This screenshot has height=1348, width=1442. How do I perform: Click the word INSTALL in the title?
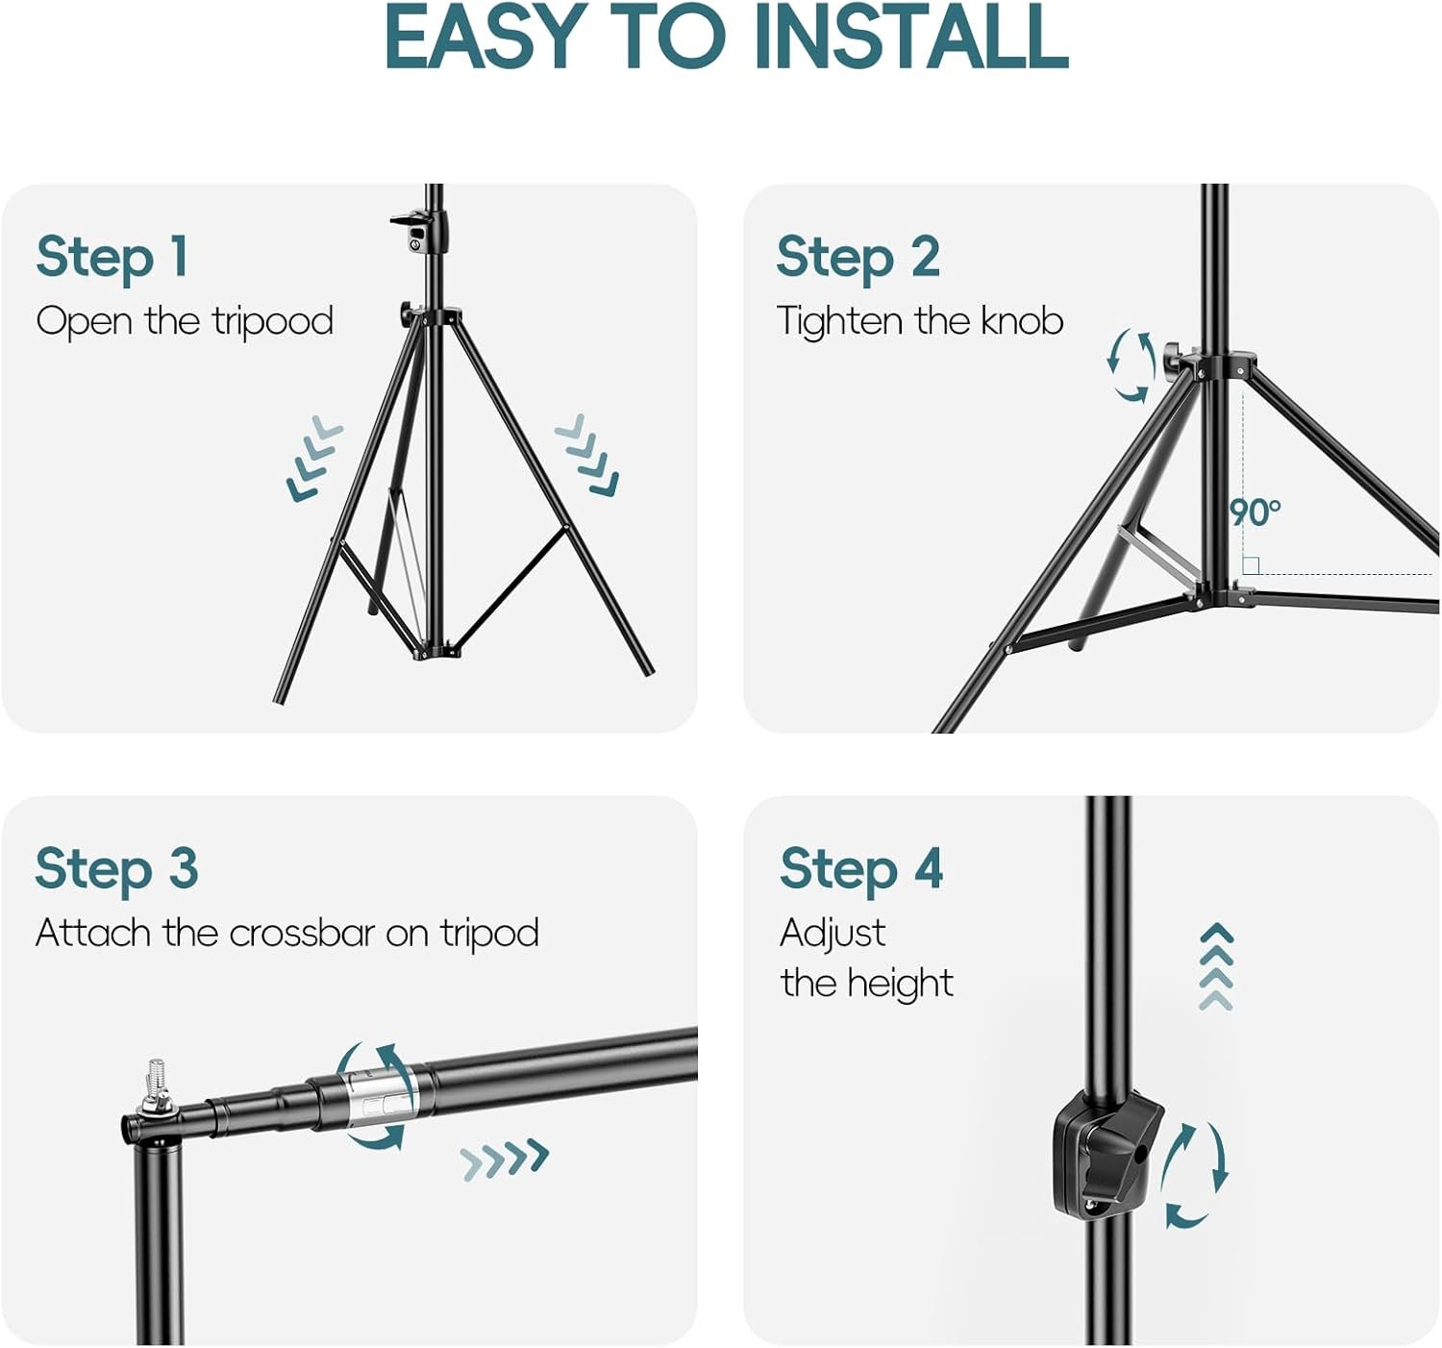click(x=911, y=37)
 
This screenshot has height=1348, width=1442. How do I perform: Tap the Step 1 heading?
click(x=112, y=258)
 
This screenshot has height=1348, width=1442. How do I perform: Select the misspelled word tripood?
click(x=272, y=322)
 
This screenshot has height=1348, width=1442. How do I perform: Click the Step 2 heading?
click(x=858, y=258)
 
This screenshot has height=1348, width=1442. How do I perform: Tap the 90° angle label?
click(x=1255, y=512)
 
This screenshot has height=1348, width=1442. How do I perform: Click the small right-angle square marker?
click(x=1251, y=565)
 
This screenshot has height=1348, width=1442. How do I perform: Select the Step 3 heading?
click(x=116, y=869)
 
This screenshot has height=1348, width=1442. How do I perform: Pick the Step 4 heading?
click(x=861, y=869)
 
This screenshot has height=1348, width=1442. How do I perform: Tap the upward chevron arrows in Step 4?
click(x=1217, y=966)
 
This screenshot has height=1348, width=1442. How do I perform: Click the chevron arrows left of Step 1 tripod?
click(x=313, y=458)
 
